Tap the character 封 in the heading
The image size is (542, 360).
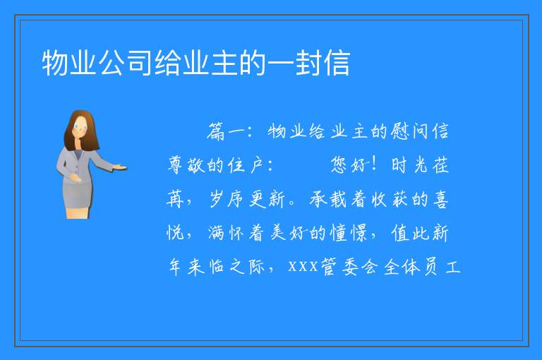308,63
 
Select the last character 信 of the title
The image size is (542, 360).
337,63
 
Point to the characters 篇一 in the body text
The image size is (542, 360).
226,131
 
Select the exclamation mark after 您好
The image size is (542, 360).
373,164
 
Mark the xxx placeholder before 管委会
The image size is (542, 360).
303,267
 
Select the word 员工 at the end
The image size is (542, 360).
442,267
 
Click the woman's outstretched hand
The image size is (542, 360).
121,168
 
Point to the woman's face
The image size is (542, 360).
80,127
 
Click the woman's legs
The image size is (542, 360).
78,212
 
